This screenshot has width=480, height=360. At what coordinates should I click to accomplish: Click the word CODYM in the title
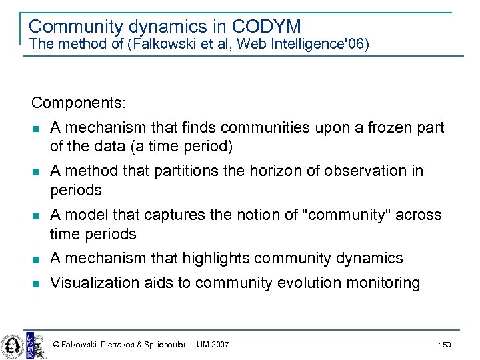pos(267,27)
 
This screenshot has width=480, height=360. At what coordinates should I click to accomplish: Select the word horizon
pos(275,171)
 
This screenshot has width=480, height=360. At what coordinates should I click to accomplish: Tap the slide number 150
pos(445,345)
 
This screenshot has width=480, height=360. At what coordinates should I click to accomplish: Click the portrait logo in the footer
pos(11,344)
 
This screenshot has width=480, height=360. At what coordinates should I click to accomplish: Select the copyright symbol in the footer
pos(56,345)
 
